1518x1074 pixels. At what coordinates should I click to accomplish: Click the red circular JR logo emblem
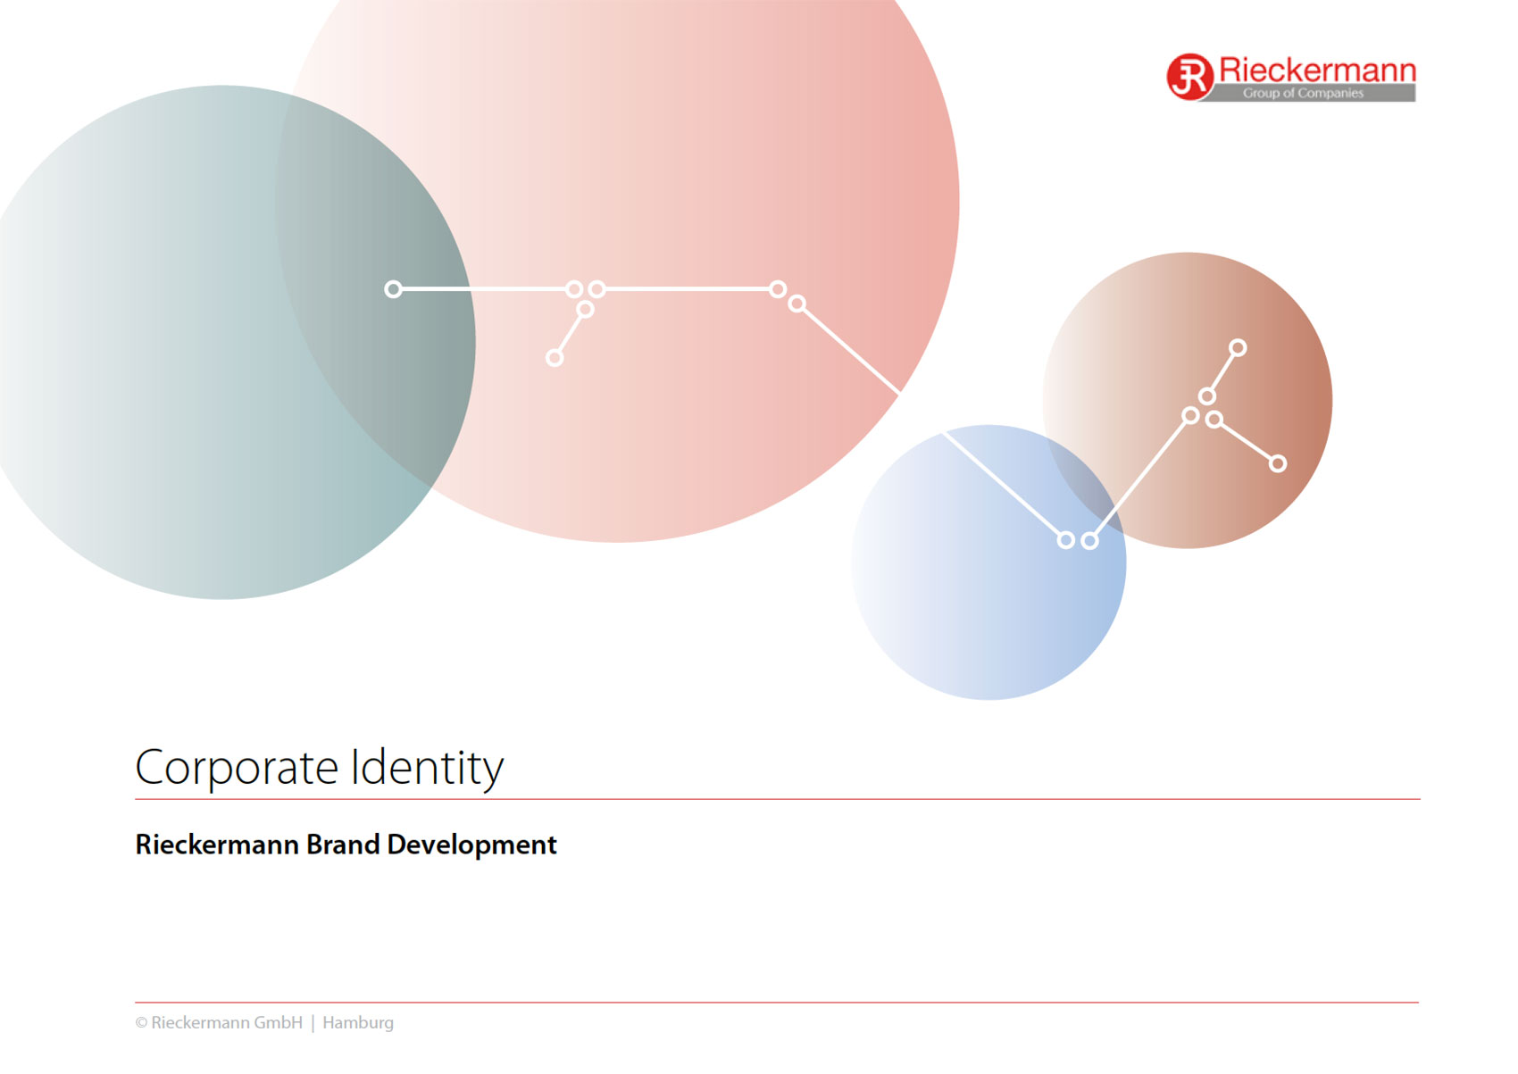1189,77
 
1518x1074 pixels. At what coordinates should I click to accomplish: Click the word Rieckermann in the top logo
1317,70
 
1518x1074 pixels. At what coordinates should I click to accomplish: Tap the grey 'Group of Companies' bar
1308,93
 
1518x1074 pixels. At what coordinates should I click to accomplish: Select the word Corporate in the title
237,769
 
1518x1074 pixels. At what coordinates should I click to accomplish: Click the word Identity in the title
427,769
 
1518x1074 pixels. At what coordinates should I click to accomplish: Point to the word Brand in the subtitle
343,845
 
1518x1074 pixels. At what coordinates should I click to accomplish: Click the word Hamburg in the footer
358,1022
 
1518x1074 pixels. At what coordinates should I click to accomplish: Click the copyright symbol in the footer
141,1023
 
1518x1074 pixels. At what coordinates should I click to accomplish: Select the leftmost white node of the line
393,289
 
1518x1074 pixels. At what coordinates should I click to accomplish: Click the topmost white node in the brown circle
1238,347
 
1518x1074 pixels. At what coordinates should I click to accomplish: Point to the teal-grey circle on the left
170,342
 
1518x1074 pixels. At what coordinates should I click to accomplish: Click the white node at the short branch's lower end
555,358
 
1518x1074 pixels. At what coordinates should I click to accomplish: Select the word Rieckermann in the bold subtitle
217,845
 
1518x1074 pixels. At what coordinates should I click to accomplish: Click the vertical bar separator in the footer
313,1023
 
